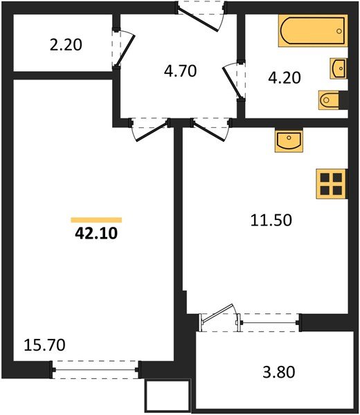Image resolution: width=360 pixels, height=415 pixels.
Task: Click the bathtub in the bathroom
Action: (312, 32)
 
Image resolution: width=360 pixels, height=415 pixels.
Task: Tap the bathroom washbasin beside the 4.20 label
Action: (339, 68)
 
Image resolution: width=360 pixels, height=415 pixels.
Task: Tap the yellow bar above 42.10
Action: (96, 219)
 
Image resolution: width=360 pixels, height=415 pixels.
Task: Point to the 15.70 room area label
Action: (40, 343)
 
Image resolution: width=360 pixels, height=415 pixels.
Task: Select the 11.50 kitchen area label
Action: (271, 221)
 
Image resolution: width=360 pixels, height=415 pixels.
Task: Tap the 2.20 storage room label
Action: (66, 46)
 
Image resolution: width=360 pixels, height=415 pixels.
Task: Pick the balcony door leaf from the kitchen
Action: (222, 318)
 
